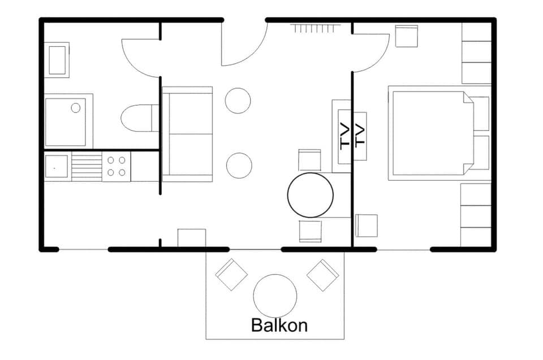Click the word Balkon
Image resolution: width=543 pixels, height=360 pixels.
pyautogui.click(x=279, y=326)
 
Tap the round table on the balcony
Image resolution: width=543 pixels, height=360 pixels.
pyautogui.click(x=275, y=296)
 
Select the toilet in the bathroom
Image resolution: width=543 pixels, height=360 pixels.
pyautogui.click(x=139, y=118)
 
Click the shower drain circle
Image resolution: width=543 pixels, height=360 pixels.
pyautogui.click(x=76, y=107)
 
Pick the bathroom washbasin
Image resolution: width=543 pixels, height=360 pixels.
pyautogui.click(x=57, y=60)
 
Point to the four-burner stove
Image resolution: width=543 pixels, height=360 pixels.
pyautogui.click(x=117, y=166)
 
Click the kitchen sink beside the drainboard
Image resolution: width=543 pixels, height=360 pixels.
pyautogui.click(x=57, y=167)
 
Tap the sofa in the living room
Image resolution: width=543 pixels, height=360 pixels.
pyautogui.click(x=187, y=134)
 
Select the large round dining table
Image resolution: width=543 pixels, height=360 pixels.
pyautogui.click(x=310, y=195)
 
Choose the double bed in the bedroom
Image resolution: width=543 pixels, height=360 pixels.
pyautogui.click(x=433, y=133)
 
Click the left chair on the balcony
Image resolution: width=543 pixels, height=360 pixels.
pyautogui.click(x=231, y=274)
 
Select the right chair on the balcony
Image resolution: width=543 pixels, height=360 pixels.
pyautogui.click(x=322, y=275)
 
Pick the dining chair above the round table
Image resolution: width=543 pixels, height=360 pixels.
pyautogui.click(x=309, y=160)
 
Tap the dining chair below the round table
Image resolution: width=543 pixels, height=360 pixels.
pyautogui.click(x=310, y=231)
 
